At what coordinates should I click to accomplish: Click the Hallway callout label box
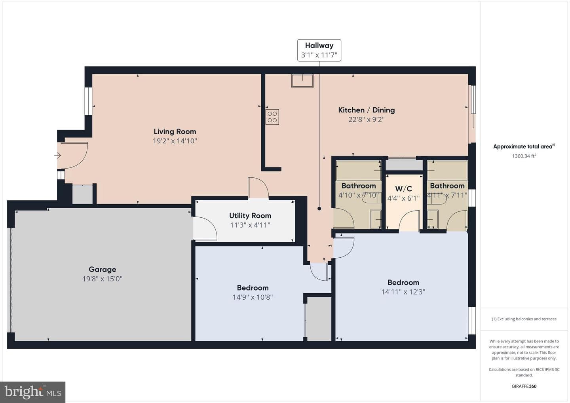click(x=319, y=50)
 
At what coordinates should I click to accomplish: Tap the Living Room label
click(x=175, y=131)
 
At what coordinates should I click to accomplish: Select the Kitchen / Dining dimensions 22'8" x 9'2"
click(x=367, y=119)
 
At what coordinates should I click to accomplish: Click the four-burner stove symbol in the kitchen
click(x=272, y=117)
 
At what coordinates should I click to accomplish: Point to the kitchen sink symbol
click(x=302, y=81)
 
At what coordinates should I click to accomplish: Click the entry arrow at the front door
click(x=57, y=156)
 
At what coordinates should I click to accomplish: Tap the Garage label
click(x=102, y=269)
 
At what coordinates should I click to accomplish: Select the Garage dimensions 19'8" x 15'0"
click(x=102, y=279)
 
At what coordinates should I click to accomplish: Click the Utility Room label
click(x=250, y=216)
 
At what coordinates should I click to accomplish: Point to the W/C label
click(x=404, y=189)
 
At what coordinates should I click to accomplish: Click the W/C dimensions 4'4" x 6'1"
click(x=404, y=198)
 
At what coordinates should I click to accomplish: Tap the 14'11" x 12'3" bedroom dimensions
click(x=403, y=292)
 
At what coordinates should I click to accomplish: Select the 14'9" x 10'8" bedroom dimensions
click(x=253, y=297)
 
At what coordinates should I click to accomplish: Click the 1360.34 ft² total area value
click(x=524, y=156)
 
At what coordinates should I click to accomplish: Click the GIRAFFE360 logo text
click(x=524, y=386)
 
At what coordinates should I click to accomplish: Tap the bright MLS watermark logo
click(x=32, y=392)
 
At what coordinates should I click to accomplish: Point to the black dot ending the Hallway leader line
click(x=319, y=209)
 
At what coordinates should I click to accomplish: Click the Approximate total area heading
click(x=524, y=146)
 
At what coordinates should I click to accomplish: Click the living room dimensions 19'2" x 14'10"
click(x=175, y=141)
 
